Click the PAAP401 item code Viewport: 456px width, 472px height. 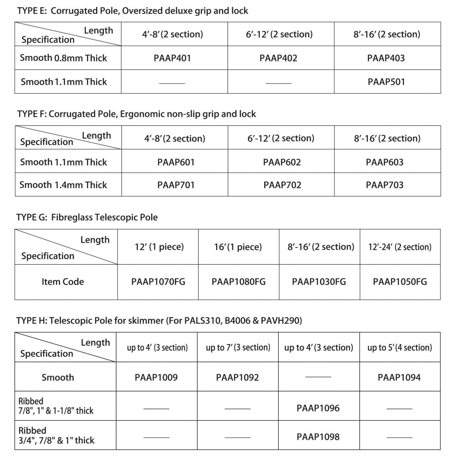point(172,58)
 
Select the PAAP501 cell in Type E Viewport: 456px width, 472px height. point(386,82)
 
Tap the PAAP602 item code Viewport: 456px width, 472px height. point(282,162)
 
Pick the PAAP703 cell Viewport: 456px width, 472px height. point(384,185)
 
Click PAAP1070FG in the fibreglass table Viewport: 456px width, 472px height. point(158,282)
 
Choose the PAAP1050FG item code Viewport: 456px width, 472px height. point(400,282)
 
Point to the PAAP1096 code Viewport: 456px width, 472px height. point(318,408)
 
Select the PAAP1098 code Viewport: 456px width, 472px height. point(318,437)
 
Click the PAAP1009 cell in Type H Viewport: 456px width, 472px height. point(156,378)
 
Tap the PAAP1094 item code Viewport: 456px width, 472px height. point(399,378)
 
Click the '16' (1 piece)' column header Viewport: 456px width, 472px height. point(238,247)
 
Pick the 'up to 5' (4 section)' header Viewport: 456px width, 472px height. point(399,348)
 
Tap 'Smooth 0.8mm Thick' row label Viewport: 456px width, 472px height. point(63,58)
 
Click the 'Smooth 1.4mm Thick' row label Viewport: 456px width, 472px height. point(63,185)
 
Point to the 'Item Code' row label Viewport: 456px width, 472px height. point(63,282)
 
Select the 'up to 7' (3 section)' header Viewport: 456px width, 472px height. point(238,348)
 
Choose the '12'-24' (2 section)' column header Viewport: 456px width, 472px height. point(400,247)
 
